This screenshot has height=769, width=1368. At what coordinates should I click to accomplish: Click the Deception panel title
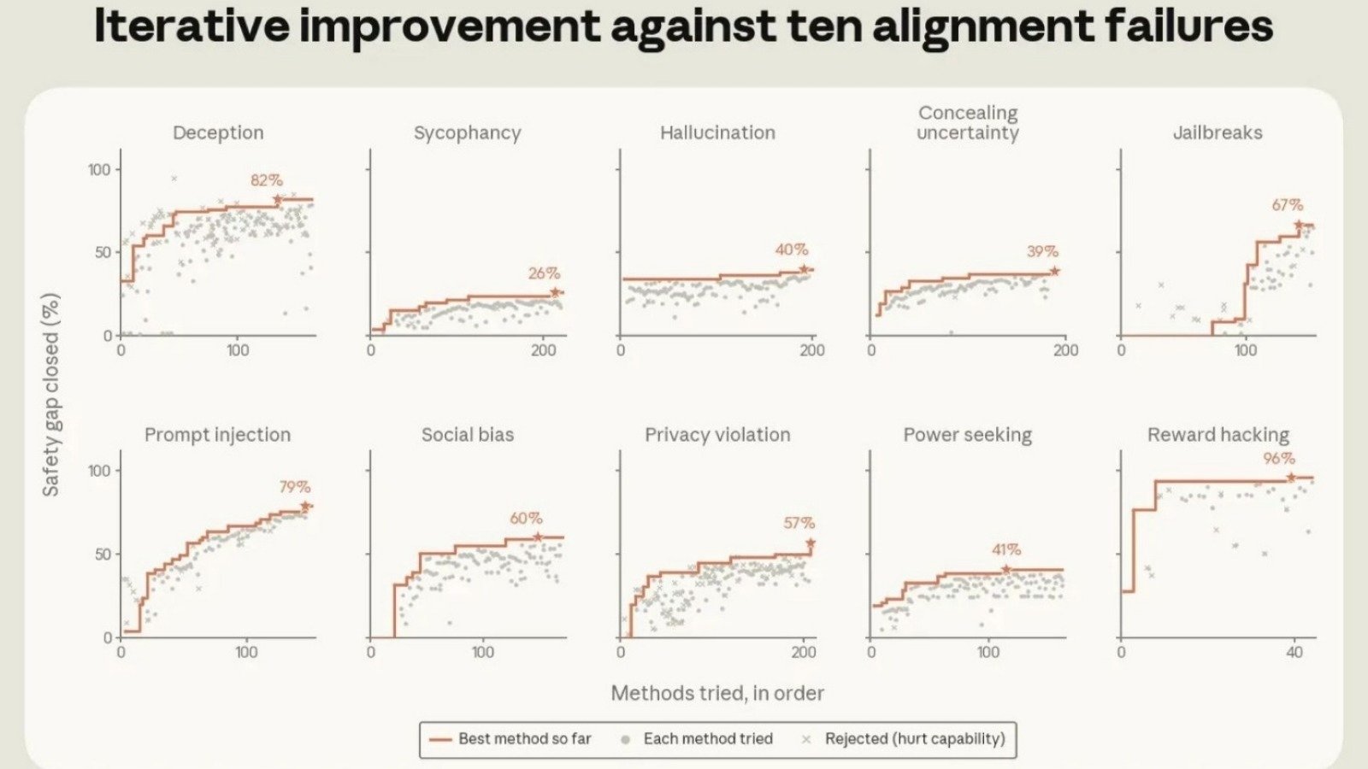tap(218, 132)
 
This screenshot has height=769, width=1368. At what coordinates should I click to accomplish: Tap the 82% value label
tap(266, 180)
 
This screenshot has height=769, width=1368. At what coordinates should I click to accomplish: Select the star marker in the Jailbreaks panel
tap(1299, 225)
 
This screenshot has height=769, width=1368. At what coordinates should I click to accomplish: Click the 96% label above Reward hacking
tap(1279, 458)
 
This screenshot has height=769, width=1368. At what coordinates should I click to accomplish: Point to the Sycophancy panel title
tap(467, 133)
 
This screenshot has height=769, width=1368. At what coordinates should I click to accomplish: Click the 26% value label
tap(544, 273)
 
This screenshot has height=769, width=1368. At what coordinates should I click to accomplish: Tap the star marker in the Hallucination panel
tap(804, 269)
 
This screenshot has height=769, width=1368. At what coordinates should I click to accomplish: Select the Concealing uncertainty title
tap(967, 123)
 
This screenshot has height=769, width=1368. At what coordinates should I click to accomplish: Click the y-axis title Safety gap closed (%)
tap(50, 395)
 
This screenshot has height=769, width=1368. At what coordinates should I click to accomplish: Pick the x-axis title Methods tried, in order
tap(717, 693)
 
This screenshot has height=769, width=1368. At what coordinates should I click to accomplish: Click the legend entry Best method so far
tap(510, 738)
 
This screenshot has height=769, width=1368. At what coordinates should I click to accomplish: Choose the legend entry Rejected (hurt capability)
tap(903, 738)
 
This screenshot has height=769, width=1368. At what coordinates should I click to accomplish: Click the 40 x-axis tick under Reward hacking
tap(1294, 653)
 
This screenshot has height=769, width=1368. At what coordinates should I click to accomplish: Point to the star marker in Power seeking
tap(1005, 569)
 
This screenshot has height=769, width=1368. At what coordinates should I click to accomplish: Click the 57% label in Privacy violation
tap(799, 522)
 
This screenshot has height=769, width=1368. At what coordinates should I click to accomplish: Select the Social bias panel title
tap(467, 435)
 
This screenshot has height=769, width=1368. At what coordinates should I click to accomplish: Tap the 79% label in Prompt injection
tap(295, 486)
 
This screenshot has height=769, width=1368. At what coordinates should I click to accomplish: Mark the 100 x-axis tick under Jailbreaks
tap(1245, 350)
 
